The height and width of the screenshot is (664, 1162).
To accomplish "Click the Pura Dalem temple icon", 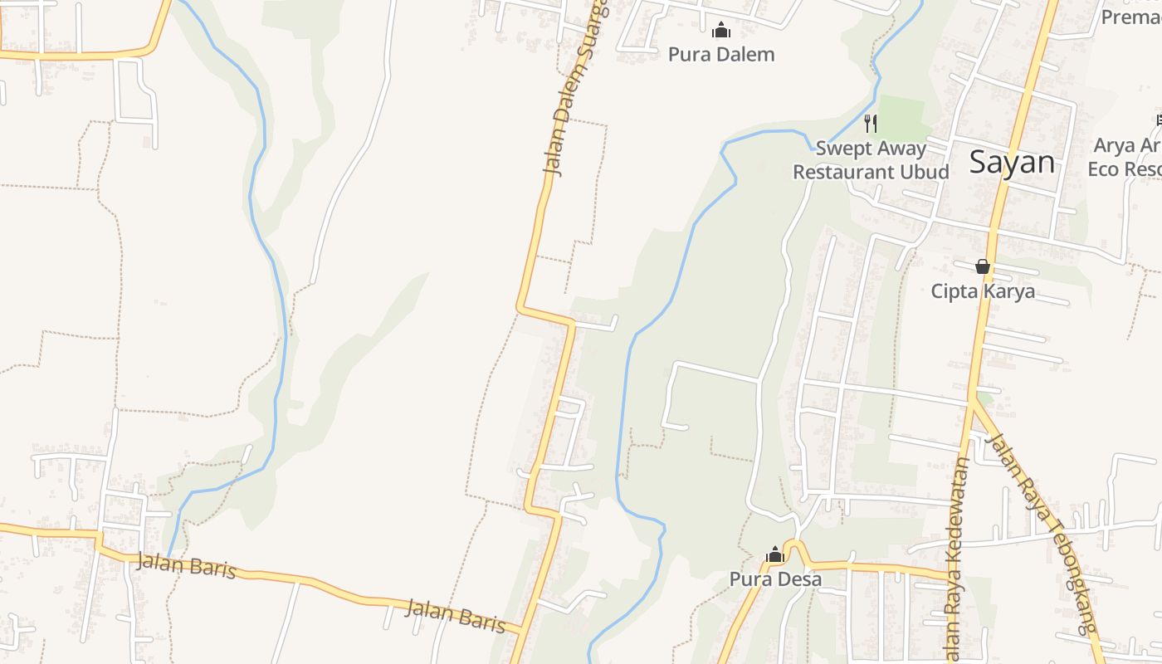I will (x=721, y=31).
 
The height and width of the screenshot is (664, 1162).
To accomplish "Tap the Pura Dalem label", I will (x=721, y=55).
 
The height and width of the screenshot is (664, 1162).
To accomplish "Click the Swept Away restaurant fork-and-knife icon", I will (x=870, y=124).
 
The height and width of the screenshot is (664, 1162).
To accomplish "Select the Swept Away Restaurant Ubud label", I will (x=871, y=160).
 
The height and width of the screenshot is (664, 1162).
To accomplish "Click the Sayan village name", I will (x=1012, y=163).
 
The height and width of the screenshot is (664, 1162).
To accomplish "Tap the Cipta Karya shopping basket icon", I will (x=983, y=266).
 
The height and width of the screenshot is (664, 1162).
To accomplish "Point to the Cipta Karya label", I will (x=983, y=291).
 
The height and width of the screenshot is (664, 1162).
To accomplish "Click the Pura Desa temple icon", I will (x=775, y=554).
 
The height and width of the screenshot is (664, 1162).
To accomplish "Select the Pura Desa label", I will (x=775, y=579).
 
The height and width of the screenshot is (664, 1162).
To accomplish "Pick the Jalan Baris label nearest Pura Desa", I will (x=455, y=614).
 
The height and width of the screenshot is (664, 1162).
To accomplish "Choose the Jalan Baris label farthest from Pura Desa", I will (x=186, y=566).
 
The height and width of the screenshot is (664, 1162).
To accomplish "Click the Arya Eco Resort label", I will (x=1126, y=157).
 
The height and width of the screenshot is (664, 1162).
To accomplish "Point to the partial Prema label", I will (x=1130, y=16).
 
